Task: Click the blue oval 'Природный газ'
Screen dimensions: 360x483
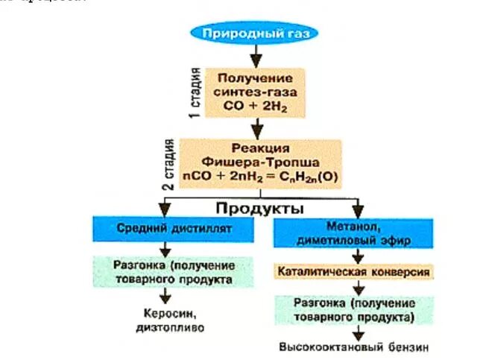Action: pyautogui.click(x=256, y=34)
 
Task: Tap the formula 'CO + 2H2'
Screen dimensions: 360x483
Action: pyautogui.click(x=254, y=107)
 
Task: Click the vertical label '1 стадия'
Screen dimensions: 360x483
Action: pyautogui.click(x=195, y=92)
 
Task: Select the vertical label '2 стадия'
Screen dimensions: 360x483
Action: pyautogui.click(x=170, y=162)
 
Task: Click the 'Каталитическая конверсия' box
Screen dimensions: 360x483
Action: pyautogui.click(x=353, y=272)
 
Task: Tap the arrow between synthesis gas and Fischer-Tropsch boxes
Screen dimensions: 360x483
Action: pyautogui.click(x=256, y=128)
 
